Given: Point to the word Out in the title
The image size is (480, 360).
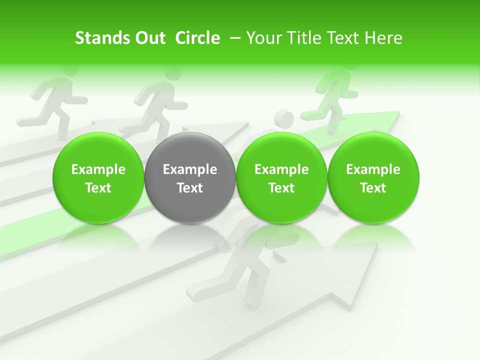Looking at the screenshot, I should [149, 38].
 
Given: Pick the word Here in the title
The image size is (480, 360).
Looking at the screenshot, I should [383, 38].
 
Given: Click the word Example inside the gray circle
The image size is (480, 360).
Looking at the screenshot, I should [190, 169].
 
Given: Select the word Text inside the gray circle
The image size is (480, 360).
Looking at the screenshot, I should [190, 188].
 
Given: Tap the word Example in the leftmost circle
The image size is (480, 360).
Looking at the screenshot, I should [98, 169].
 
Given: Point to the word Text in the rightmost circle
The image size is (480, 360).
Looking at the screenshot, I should [373, 188].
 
